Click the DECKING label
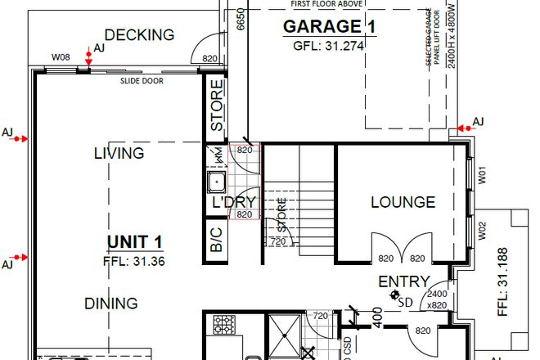[139, 35]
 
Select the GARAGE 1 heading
[329, 26]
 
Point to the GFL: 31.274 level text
[329, 46]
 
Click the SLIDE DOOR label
[139, 82]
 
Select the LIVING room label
[119, 153]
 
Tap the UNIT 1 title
[134, 242]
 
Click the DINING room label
[110, 304]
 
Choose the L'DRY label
[235, 202]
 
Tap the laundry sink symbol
[218, 181]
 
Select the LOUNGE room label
[402, 202]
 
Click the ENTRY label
[403, 281]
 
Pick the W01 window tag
[482, 174]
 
